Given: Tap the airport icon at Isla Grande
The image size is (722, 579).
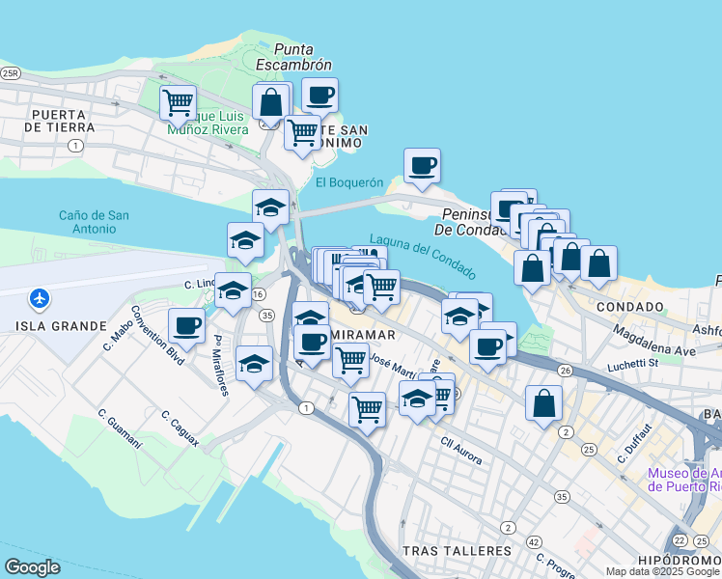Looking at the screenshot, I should pyautogui.click(x=40, y=298).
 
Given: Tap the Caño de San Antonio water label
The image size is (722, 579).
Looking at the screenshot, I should pyautogui.click(x=93, y=222).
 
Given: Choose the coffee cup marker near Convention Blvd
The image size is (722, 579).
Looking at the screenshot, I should pyautogui.click(x=186, y=325).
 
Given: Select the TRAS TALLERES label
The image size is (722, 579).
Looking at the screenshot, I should pyautogui.click(x=456, y=551).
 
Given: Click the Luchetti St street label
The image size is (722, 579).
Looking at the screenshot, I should pyautogui.click(x=631, y=364).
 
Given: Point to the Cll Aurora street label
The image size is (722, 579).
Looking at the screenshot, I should pyautogui.click(x=461, y=452).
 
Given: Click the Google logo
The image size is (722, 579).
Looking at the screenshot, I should pyautogui.click(x=32, y=567).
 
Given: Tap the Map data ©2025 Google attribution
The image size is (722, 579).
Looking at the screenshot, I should pyautogui.click(x=662, y=571).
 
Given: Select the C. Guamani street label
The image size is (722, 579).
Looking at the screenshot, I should pyautogui.click(x=120, y=428).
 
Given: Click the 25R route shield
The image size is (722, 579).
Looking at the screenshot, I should pyautogui.click(x=11, y=72).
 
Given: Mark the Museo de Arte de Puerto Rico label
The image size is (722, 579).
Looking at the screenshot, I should pyautogui.click(x=683, y=480).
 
